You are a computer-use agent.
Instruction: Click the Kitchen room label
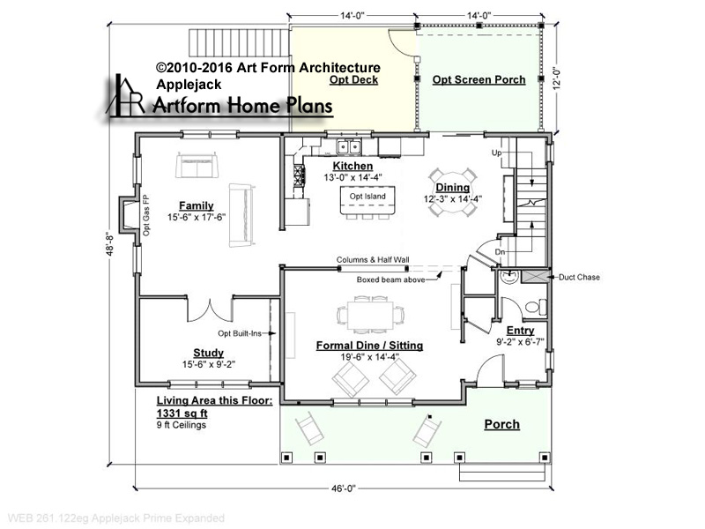pyautogui.click(x=352, y=166)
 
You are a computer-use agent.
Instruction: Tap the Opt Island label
pyautogui.click(x=367, y=196)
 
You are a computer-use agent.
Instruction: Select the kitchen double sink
pyautogui.click(x=349, y=146)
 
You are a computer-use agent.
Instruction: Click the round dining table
pyautogui.click(x=452, y=192)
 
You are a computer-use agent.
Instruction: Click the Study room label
pyautogui.click(x=208, y=353)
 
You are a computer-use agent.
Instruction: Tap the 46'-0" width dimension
pyautogui.click(x=344, y=488)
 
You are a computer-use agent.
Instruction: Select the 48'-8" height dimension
pyautogui.click(x=109, y=245)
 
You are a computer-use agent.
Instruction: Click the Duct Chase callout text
pyautogui.click(x=579, y=277)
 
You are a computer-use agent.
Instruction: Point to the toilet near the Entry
pyautogui.click(x=536, y=308)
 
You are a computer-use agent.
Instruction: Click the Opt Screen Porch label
pyautogui.click(x=479, y=79)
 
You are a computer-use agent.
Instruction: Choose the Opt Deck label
pyautogui.click(x=353, y=79)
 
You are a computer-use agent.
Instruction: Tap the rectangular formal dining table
pyautogui.click(x=370, y=316)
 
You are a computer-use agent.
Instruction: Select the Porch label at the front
pyautogui.click(x=501, y=424)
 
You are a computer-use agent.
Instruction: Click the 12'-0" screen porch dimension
pyautogui.click(x=558, y=78)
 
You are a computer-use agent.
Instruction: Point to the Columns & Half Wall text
pyautogui.click(x=373, y=259)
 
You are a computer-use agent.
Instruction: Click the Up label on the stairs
pyautogui.click(x=496, y=153)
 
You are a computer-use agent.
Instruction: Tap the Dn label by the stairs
pyautogui.click(x=500, y=252)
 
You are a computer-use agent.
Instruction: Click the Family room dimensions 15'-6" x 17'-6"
pyautogui.click(x=197, y=217)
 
